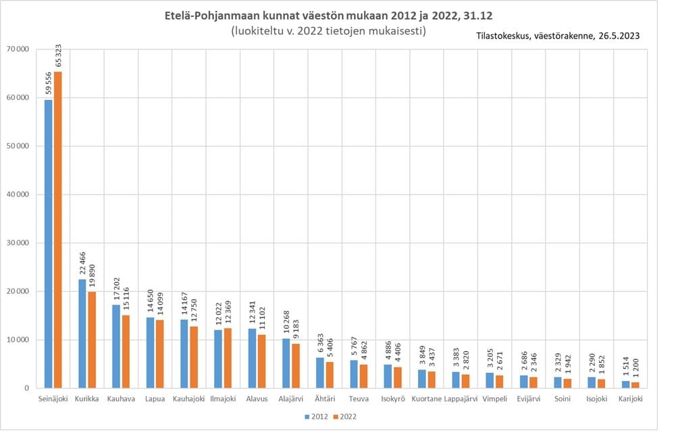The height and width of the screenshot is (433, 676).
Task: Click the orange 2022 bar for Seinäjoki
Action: pos(58,230)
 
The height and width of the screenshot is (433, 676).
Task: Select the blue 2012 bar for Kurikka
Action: pos(82,334)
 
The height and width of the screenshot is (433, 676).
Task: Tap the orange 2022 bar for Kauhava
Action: pos(126,352)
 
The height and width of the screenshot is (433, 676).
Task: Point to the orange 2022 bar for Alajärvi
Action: pos(295,366)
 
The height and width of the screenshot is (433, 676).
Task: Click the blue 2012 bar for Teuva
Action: pos(354,374)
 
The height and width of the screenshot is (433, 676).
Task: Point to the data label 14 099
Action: pos(159,298)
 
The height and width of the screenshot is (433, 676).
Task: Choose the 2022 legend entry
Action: pos(346,417)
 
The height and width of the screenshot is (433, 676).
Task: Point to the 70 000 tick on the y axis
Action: pos(17,49)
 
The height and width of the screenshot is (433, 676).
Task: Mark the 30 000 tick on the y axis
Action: pos(17,243)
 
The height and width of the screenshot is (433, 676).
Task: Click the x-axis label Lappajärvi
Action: pos(461,399)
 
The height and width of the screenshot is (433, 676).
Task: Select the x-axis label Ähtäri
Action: pos(324,399)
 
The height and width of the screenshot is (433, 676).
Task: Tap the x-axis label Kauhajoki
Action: pos(188,399)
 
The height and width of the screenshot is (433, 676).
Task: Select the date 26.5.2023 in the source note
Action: pos(617,36)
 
